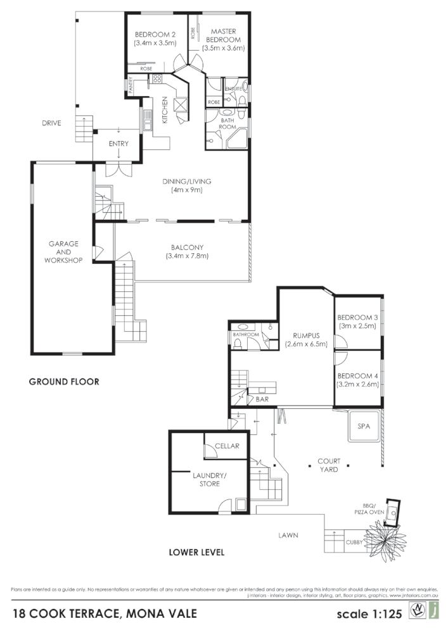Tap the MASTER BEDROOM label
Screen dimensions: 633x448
pyautogui.click(x=223, y=35)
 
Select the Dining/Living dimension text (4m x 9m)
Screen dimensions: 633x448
pyautogui.click(x=186, y=190)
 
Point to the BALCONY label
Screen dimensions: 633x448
pyautogui.click(x=186, y=247)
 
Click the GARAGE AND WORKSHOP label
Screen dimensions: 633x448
pyautogui.click(x=64, y=251)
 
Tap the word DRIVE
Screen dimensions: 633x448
pyautogui.click(x=51, y=123)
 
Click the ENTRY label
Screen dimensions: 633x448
pyautogui.click(x=118, y=144)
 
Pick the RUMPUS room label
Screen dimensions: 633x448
pyautogui.click(x=305, y=336)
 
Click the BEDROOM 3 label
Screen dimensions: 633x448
pyautogui.click(x=357, y=317)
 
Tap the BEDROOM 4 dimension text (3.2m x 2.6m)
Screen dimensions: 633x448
pyautogui.click(x=357, y=384)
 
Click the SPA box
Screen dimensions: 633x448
pyautogui.click(x=364, y=427)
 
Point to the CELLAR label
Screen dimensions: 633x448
pyautogui.click(x=226, y=446)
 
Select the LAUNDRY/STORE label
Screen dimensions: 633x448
pyautogui.click(x=205, y=479)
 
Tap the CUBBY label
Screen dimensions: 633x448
pyautogui.click(x=354, y=542)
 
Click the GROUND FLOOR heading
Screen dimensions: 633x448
pyautogui.click(x=64, y=382)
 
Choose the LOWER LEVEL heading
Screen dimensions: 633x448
pyautogui.click(x=196, y=552)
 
